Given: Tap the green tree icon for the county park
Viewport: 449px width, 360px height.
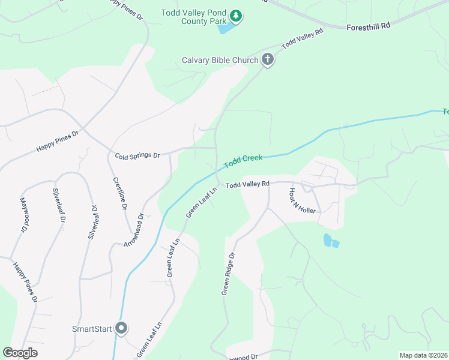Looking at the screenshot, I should point(237,16).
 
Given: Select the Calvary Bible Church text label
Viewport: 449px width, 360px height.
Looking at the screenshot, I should point(220,60).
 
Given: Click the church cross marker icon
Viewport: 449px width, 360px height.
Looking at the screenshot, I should point(268,59).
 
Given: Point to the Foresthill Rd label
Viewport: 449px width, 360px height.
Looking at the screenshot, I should point(369,26).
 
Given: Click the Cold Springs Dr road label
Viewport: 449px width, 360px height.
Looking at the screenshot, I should point(137,155).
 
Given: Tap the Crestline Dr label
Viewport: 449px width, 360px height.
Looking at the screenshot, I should point(120,193).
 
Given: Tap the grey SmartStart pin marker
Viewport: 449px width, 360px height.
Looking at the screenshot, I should point(122,328).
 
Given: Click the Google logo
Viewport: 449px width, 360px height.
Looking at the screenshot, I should point(20,353).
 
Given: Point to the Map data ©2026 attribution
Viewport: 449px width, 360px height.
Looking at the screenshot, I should point(423,355).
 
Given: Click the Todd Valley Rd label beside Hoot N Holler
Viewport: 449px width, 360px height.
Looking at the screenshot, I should point(247,184).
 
